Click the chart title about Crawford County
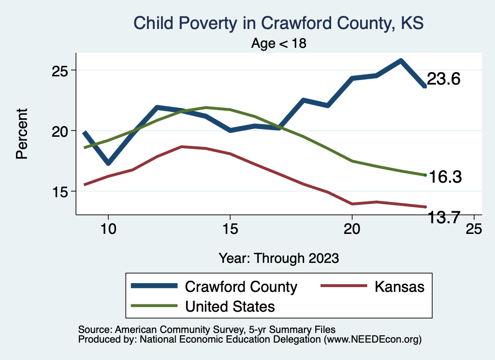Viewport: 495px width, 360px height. [x=278, y=23]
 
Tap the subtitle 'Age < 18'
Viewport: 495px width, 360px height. [x=279, y=43]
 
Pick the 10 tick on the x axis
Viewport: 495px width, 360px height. [x=108, y=229]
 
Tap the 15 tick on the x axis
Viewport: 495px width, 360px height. [x=230, y=229]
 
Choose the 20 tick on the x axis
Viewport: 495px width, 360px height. [x=352, y=229]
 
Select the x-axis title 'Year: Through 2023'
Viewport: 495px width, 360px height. [x=278, y=257]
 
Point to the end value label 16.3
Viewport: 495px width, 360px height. [x=445, y=177]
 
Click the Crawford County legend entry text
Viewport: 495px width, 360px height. [x=241, y=287]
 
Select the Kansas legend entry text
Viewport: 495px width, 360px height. [x=399, y=287]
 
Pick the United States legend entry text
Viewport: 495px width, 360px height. [x=230, y=306]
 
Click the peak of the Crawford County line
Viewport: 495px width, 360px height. [x=401, y=60]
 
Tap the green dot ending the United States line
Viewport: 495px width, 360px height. [x=425, y=175]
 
